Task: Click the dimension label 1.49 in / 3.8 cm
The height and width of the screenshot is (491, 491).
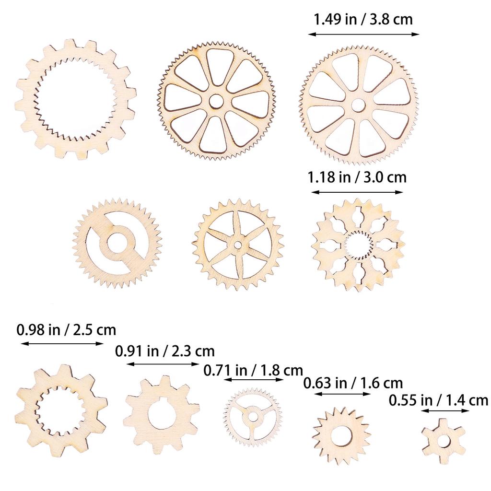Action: [363, 20]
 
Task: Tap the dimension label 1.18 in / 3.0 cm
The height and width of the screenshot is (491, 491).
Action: [357, 177]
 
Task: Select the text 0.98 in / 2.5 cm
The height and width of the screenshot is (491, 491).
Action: [66, 330]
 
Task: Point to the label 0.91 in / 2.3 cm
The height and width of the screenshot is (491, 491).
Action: [165, 351]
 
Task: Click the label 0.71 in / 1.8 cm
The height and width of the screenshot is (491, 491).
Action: [253, 370]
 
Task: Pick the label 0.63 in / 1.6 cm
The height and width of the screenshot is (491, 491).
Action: [353, 383]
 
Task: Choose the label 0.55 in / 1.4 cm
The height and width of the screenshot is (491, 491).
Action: [438, 400]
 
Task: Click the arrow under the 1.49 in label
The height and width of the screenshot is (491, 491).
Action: [363, 34]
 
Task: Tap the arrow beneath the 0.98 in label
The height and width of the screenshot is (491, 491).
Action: [62, 343]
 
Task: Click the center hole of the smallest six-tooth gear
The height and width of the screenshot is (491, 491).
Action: [444, 441]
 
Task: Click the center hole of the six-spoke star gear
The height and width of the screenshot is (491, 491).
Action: [238, 245]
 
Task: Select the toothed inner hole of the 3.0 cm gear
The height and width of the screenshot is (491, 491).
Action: [358, 244]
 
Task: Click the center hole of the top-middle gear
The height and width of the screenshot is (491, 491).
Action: [216, 101]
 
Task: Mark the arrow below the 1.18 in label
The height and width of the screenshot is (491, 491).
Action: [357, 192]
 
